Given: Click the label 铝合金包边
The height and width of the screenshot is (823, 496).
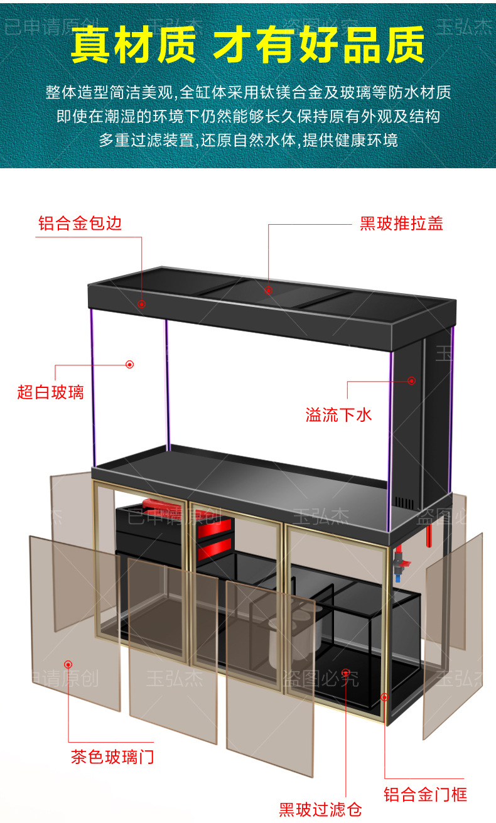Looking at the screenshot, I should [x=80, y=223].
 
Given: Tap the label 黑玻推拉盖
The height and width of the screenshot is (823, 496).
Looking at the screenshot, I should [x=401, y=223].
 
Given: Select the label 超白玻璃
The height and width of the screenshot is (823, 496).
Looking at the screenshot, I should [x=50, y=394].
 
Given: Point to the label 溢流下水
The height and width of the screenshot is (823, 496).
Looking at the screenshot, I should [x=339, y=414].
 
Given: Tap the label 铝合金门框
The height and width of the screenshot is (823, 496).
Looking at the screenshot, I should [x=426, y=794].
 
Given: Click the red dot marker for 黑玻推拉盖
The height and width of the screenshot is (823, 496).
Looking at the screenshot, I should [x=268, y=290].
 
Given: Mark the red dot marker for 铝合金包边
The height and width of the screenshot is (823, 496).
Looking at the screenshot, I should [x=142, y=304].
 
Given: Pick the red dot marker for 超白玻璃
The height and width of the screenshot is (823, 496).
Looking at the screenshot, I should [x=130, y=364].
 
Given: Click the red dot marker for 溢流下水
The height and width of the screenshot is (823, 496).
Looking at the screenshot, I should [x=412, y=380].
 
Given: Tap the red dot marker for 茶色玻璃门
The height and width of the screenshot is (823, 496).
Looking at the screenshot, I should [x=68, y=664].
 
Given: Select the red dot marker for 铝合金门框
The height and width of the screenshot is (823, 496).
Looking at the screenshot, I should [x=384, y=697].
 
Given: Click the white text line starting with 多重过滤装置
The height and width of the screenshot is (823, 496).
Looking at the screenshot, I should [x=248, y=139].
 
